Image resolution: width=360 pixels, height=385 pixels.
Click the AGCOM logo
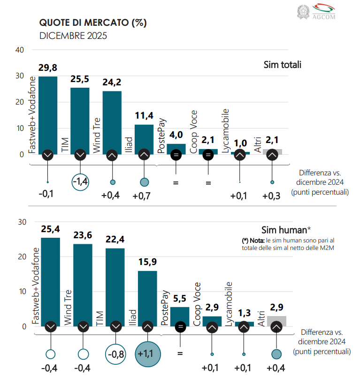click(x=316, y=12)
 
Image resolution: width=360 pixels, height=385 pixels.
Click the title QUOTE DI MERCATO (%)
click(x=93, y=23)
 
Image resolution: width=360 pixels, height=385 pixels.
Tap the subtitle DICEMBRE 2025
click(x=73, y=36)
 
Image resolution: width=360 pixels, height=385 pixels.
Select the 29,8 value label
click(x=48, y=68)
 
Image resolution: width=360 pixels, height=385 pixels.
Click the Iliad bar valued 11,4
click(x=144, y=139)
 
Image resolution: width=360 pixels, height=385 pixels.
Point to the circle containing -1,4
click(x=80, y=182)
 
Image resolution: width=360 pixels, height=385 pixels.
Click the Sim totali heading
click(x=283, y=65)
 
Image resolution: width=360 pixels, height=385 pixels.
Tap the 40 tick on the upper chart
click(x=20, y=50)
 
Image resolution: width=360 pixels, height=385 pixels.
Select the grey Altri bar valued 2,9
click(x=276, y=321)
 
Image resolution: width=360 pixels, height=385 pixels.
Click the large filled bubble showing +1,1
click(x=148, y=354)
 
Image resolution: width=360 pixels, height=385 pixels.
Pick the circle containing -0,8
click(x=115, y=354)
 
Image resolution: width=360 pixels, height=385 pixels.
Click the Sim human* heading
click(x=286, y=230)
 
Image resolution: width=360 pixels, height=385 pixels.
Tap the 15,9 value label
click(x=147, y=262)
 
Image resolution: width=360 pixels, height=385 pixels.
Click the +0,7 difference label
click(x=142, y=196)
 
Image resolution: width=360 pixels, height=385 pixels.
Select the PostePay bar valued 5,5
click(x=180, y=317)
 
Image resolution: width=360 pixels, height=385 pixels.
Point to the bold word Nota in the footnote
click(x=257, y=241)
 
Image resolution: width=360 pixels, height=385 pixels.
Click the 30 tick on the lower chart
click(x=22, y=222)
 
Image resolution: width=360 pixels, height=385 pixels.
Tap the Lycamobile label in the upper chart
click(x=225, y=131)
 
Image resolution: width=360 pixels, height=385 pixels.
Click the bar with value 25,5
click(x=80, y=121)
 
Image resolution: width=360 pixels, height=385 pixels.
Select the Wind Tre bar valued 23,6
click(x=83, y=285)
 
